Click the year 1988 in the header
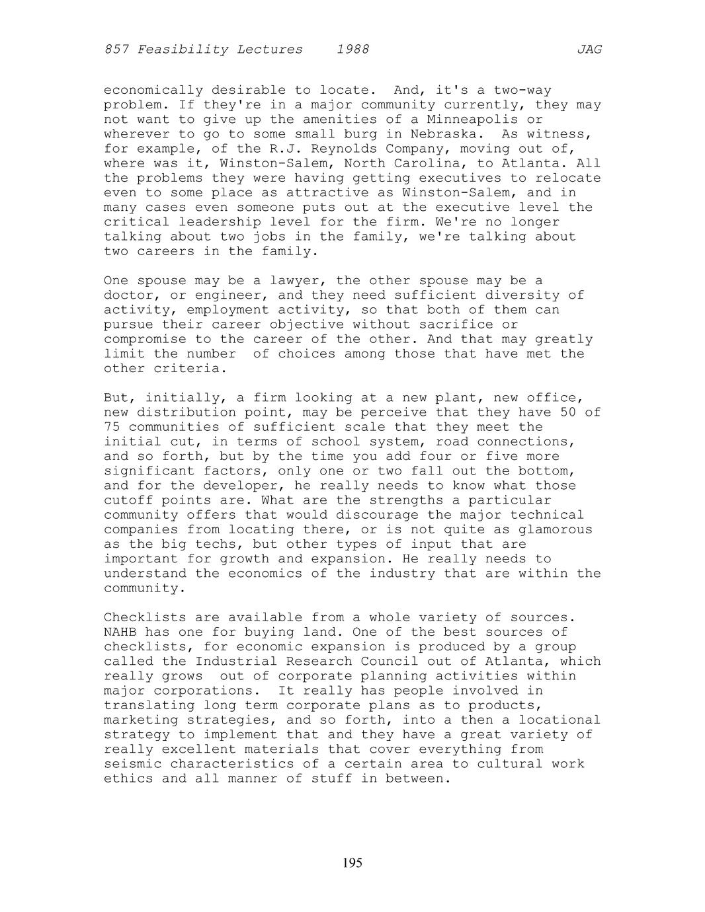coord(352,50)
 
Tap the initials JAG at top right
coord(589,50)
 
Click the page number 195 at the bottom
coord(352,862)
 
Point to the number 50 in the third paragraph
coord(568,412)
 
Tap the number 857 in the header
coord(116,50)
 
